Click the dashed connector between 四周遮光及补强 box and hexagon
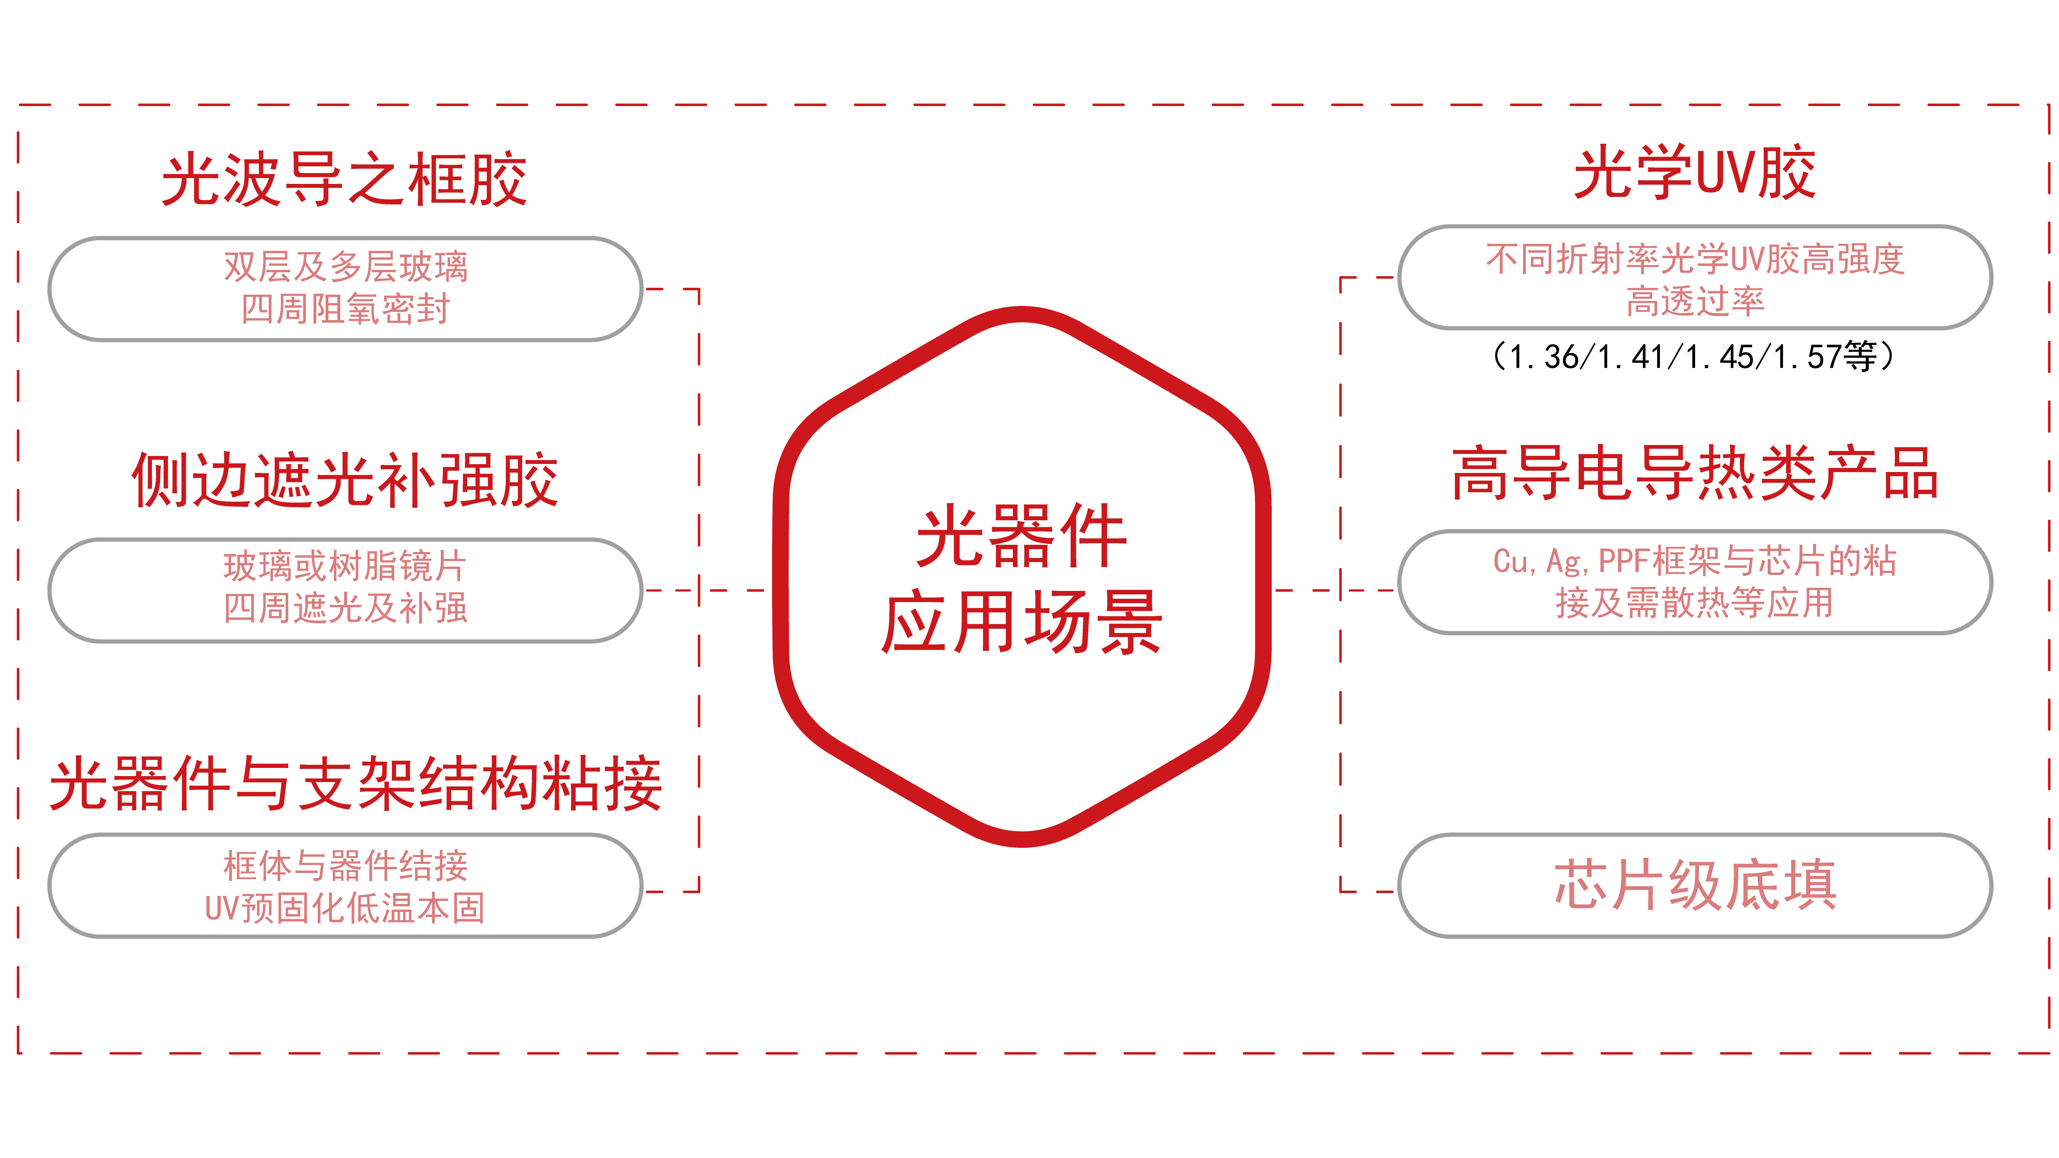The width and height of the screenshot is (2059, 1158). pyautogui.click(x=731, y=591)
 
